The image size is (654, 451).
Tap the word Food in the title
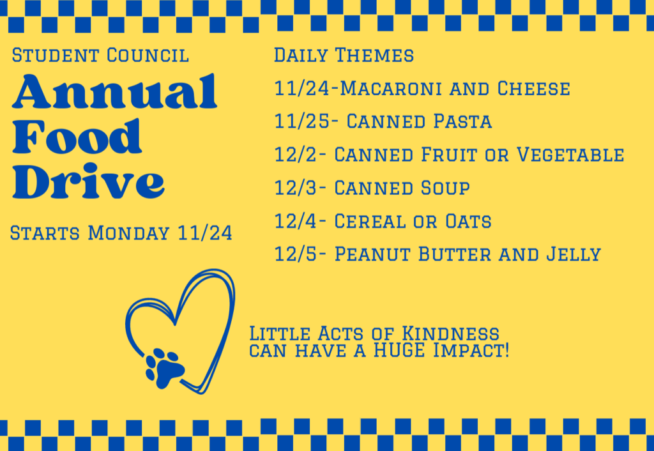(x=77, y=137)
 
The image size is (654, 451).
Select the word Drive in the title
(x=88, y=181)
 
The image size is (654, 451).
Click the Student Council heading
(x=100, y=55)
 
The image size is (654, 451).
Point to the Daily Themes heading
(x=344, y=55)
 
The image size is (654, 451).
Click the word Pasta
(x=462, y=121)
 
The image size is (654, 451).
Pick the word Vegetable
(x=570, y=155)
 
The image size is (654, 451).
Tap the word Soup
(x=445, y=188)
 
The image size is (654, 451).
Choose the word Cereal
(x=370, y=221)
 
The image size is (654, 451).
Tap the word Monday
(x=128, y=233)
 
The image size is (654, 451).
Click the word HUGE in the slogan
(x=399, y=351)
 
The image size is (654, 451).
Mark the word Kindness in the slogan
(x=450, y=333)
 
